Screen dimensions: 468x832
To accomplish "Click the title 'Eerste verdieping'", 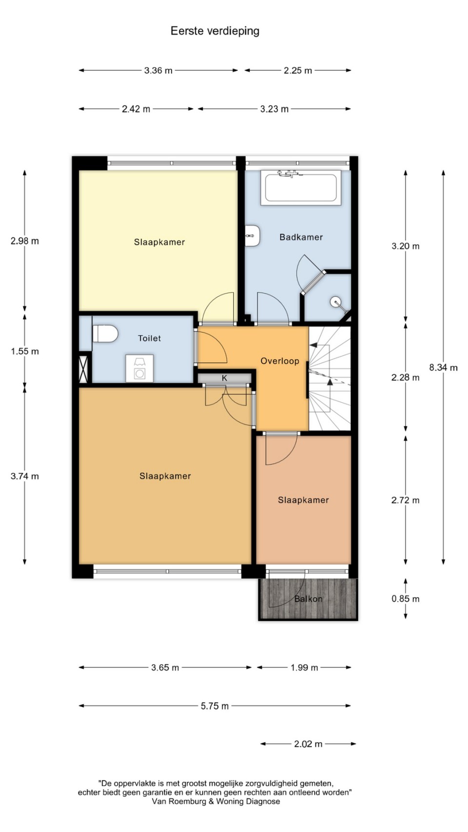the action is [214, 31].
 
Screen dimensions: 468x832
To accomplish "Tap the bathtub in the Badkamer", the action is [300, 188].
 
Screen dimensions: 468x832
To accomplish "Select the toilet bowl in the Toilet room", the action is [105, 333].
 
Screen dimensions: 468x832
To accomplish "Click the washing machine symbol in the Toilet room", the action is [139, 368].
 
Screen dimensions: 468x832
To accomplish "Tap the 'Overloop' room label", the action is [280, 361].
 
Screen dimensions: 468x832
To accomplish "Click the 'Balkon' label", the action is [308, 599].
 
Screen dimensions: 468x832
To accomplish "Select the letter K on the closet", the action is [224, 378].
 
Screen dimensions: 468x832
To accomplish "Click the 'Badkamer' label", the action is [301, 237].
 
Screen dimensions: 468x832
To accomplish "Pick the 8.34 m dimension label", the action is [443, 368].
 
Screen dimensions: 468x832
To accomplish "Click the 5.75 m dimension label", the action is [214, 706].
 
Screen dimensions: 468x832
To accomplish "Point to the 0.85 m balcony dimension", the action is [405, 599].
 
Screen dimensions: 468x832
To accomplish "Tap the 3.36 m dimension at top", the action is [158, 71].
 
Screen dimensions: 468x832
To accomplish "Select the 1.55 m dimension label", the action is [25, 351].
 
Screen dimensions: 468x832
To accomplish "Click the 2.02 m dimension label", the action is [308, 744].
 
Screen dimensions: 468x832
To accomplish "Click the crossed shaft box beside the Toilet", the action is [83, 369].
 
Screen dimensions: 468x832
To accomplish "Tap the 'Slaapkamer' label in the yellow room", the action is [159, 242].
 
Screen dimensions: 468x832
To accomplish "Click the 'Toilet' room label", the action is [149, 338].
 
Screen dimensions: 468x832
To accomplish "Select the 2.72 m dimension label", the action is [405, 500].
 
